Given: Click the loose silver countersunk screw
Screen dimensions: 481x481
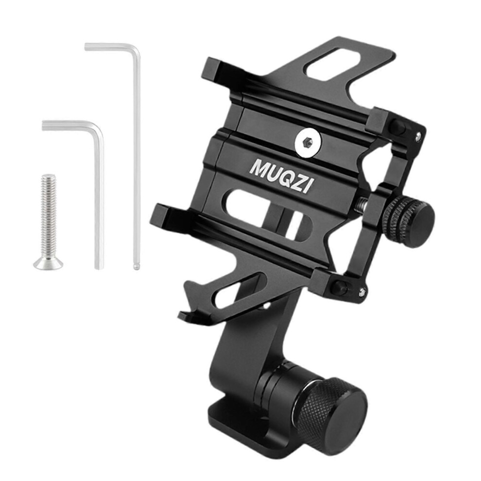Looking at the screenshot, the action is [x=49, y=222].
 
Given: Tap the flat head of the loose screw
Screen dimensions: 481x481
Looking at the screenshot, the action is [x=49, y=264].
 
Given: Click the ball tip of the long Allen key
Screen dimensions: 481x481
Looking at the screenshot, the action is [x=136, y=267].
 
